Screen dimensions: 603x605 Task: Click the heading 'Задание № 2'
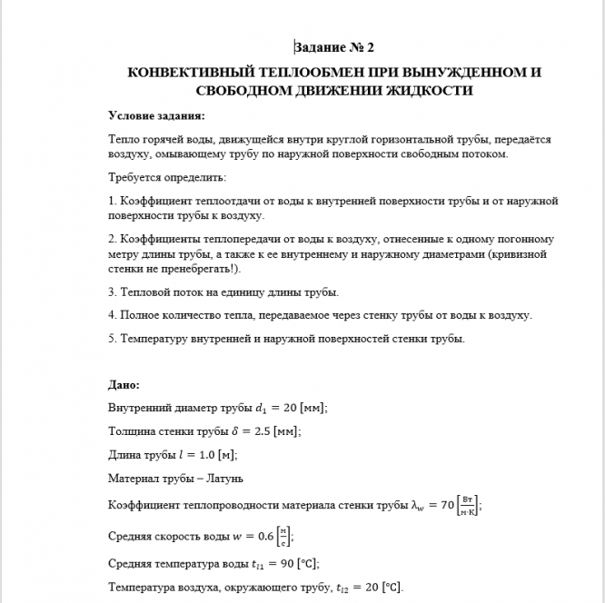click(x=334, y=46)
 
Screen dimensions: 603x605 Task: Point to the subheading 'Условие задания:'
click(x=156, y=115)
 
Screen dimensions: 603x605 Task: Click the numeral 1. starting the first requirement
click(x=112, y=201)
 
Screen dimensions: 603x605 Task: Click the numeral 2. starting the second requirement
click(x=112, y=239)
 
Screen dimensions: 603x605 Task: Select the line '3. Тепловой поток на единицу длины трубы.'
click(x=223, y=292)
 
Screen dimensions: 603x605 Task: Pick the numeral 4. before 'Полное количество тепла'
click(x=112, y=315)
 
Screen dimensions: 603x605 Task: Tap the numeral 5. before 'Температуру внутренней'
click(x=112, y=339)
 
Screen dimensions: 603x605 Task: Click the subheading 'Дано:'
click(x=124, y=385)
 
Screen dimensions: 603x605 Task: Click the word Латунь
click(x=227, y=478)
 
